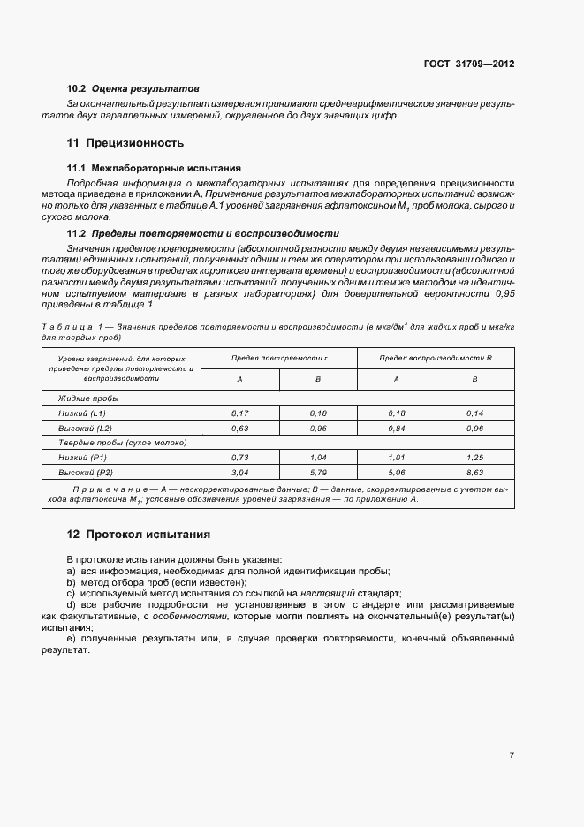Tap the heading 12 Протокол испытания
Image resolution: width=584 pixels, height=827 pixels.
pyautogui.click(x=138, y=535)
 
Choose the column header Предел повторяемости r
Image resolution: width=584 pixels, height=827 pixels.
pyautogui.click(x=279, y=359)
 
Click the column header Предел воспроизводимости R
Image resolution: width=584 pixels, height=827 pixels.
pyautogui.click(x=436, y=359)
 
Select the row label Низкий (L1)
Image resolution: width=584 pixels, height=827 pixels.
pyautogui.click(x=83, y=413)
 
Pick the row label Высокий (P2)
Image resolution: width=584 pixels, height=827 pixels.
pyautogui.click(x=84, y=473)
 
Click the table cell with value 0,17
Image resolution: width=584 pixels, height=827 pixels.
pyautogui.click(x=240, y=413)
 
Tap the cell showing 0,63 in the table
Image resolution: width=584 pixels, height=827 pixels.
pyautogui.click(x=240, y=428)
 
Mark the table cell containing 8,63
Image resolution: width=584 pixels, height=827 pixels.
pyautogui.click(x=474, y=473)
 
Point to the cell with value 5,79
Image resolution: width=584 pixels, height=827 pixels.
pyautogui.click(x=318, y=473)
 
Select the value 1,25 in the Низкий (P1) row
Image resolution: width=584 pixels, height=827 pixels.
pyautogui.click(x=474, y=458)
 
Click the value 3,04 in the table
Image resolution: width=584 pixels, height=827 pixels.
pyautogui.click(x=240, y=473)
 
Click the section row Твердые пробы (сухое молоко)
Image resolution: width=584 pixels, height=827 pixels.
pyautogui.click(x=117, y=443)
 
